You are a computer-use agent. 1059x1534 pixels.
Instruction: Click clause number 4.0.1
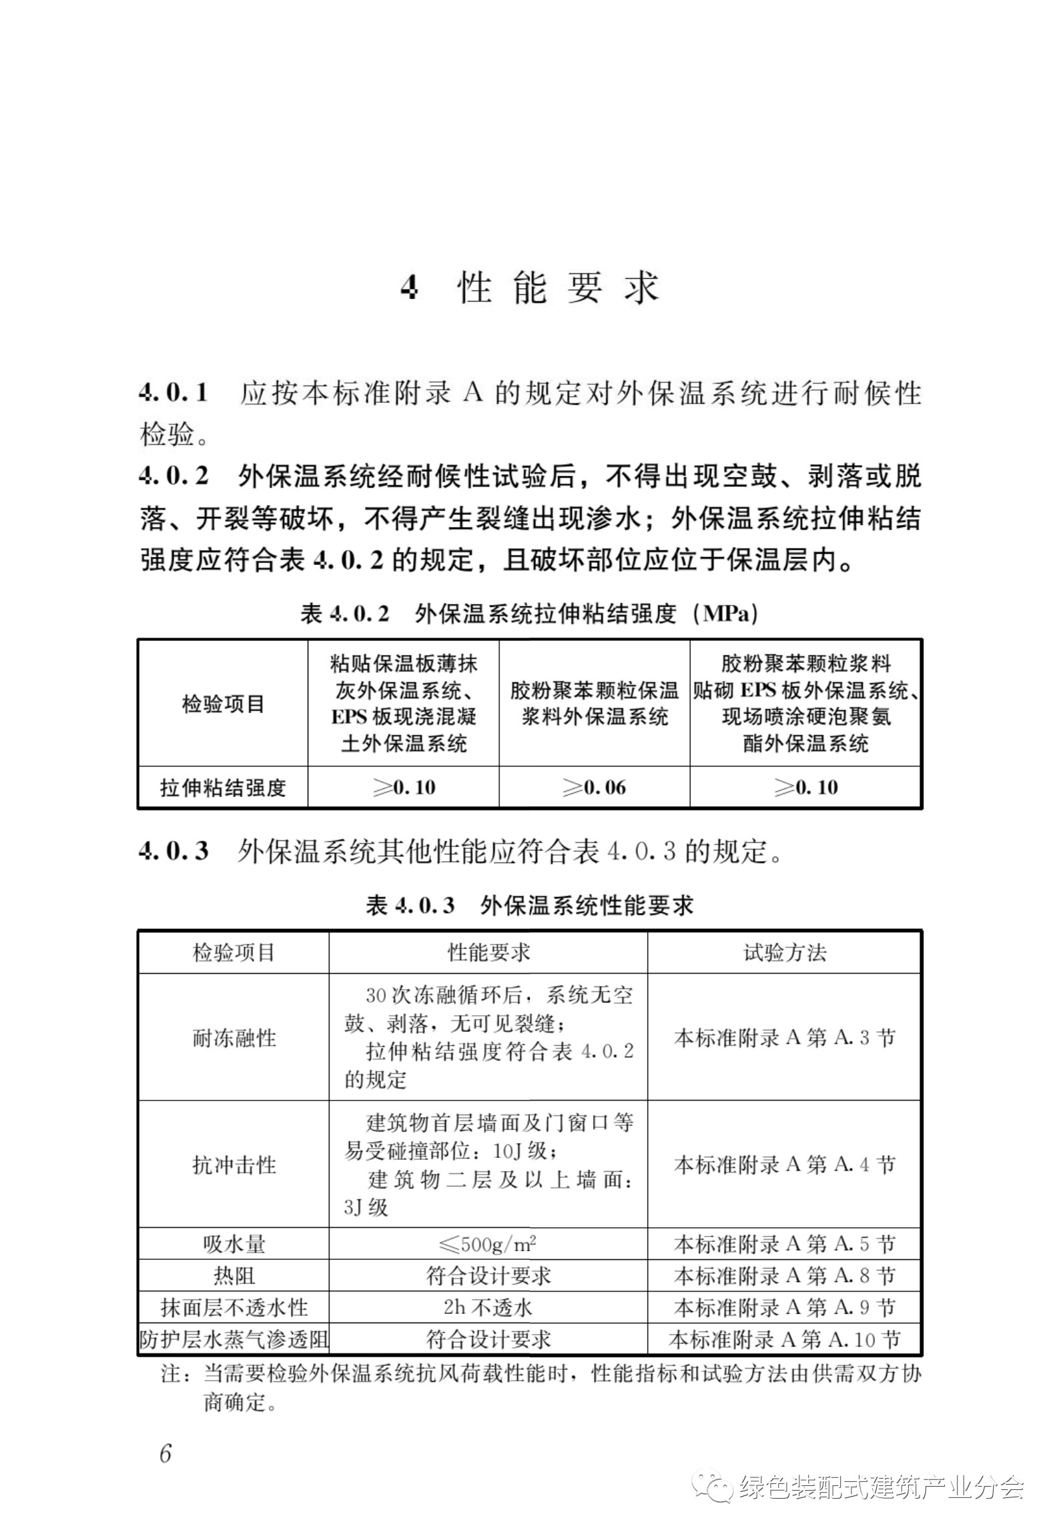[173, 393]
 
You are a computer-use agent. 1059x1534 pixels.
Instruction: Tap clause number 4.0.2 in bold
[173, 476]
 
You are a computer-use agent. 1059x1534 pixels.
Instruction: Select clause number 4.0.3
[173, 851]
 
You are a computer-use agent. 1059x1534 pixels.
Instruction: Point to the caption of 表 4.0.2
[529, 614]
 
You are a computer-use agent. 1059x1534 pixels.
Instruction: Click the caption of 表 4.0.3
[529, 905]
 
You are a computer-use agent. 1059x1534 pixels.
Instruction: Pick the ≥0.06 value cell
[594, 788]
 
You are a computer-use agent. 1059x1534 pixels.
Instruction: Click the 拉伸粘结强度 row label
[223, 788]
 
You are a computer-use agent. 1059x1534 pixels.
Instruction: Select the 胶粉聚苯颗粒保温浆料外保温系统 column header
[594, 703]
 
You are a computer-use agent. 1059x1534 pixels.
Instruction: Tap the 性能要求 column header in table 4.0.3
[488, 952]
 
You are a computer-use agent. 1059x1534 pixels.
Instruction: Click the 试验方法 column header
[784, 952]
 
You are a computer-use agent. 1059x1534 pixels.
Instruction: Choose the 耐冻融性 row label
[234, 1038]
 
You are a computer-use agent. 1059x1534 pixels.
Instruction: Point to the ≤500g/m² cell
[488, 1245]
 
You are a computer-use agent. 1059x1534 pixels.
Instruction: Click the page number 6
[166, 1453]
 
